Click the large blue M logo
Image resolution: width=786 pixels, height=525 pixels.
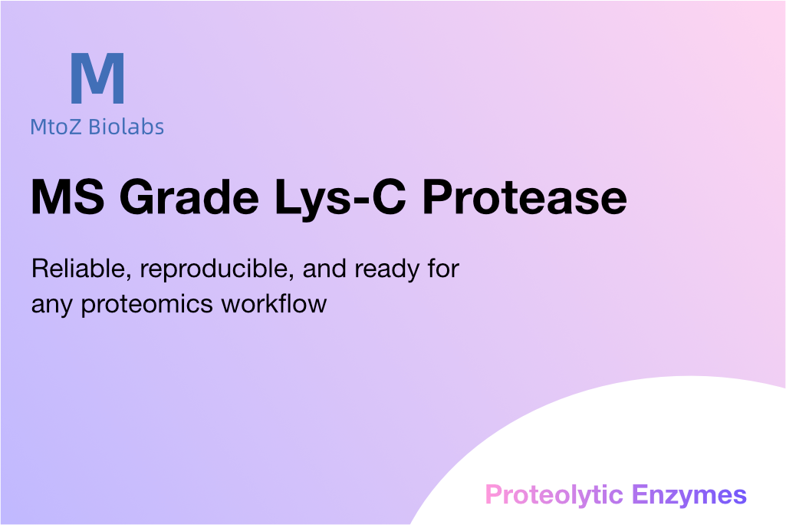[97, 78]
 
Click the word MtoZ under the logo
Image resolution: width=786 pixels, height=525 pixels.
[56, 127]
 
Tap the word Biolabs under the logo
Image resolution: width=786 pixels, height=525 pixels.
[127, 127]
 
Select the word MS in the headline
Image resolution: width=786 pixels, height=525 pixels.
[67, 196]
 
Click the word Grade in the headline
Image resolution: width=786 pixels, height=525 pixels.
[189, 196]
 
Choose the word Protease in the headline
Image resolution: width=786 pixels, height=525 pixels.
[525, 196]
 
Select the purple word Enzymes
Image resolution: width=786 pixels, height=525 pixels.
[689, 496]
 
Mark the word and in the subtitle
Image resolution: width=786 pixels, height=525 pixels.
[324, 269]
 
